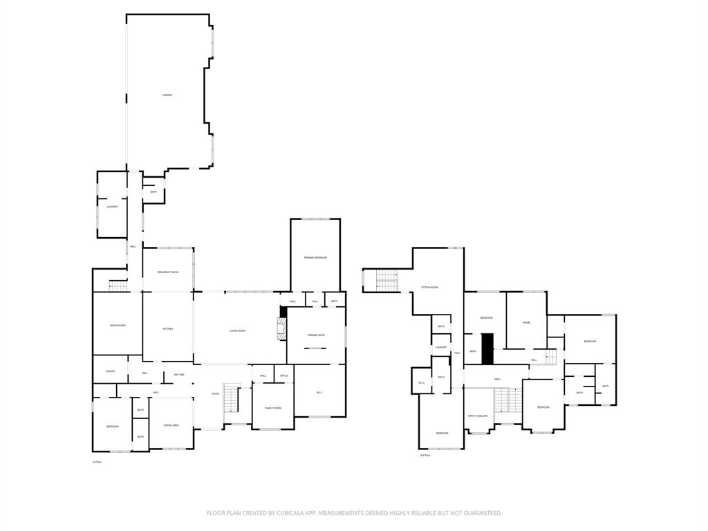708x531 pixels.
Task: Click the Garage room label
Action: [x=167, y=95]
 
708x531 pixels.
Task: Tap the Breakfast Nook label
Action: [x=168, y=272]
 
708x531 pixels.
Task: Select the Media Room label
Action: [x=118, y=325]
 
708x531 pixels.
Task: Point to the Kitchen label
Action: [x=168, y=329]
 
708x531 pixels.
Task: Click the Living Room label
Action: [x=238, y=331]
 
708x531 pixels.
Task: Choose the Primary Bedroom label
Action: [x=315, y=258]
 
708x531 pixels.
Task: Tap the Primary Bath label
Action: [x=316, y=335]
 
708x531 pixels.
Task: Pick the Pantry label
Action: [x=110, y=372]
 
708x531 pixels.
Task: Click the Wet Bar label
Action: [x=178, y=375]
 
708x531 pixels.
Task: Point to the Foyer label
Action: [x=216, y=394]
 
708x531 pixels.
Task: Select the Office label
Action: [x=283, y=376]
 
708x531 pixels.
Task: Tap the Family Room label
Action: [x=273, y=408]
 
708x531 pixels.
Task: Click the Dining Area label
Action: [x=171, y=425]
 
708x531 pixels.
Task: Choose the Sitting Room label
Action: [x=430, y=287]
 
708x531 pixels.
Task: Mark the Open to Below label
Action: [x=478, y=416]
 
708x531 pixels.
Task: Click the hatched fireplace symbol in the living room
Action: [x=281, y=329]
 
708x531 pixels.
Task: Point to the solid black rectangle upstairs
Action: [x=487, y=348]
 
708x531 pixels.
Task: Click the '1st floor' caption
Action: [x=97, y=461]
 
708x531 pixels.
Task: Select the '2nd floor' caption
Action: [x=425, y=456]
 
